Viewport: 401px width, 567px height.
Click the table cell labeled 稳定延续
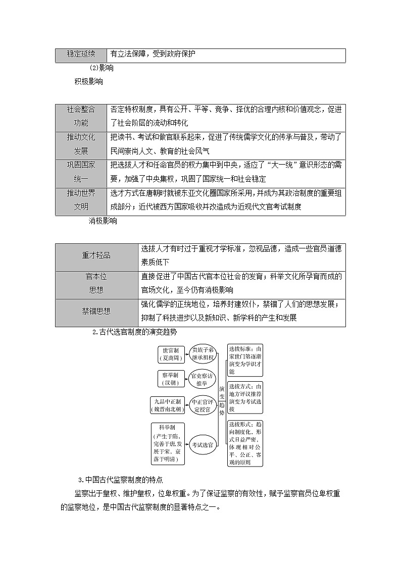[x=81, y=56]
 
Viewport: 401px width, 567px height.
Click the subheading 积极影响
[x=88, y=82]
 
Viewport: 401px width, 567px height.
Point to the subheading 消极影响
[x=103, y=221]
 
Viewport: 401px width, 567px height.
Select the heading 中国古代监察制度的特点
[x=121, y=480]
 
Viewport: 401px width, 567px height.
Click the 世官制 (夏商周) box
[x=171, y=354]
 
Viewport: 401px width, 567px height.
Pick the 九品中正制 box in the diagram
[x=167, y=405]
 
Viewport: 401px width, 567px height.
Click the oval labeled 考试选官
[x=203, y=445]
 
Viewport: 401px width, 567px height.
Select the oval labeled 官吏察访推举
[x=202, y=379]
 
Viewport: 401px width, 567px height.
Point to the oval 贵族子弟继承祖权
[x=203, y=354]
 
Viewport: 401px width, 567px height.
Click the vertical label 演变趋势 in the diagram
[x=222, y=400]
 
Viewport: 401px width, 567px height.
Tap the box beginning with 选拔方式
[x=245, y=397]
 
